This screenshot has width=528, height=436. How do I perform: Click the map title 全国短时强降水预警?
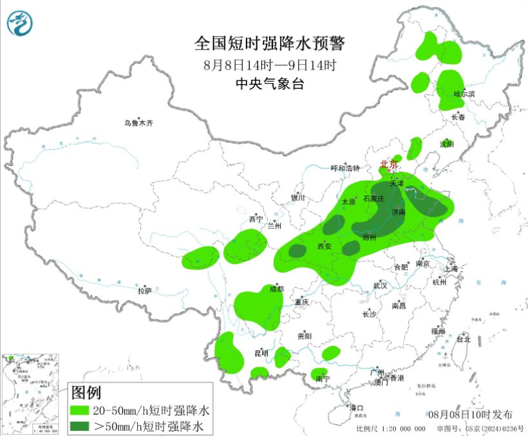coord(270,44)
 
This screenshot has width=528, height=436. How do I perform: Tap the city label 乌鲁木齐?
coord(139,123)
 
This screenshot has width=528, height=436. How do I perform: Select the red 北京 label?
coord(388,164)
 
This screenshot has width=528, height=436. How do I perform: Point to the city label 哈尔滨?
coord(464,94)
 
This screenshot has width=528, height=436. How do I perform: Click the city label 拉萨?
coord(145,291)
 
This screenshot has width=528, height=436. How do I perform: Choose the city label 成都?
coord(276,289)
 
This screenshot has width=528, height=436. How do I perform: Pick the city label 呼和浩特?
coord(345,168)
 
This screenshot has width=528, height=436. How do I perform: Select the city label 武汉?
coord(380,285)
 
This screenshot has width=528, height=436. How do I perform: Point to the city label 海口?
coord(355,408)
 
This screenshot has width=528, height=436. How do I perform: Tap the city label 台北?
coord(464,339)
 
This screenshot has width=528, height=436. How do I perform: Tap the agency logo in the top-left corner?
coord(21,24)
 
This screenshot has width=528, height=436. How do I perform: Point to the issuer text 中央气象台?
coord(270,83)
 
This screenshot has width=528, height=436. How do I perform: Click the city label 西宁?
coord(256,219)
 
